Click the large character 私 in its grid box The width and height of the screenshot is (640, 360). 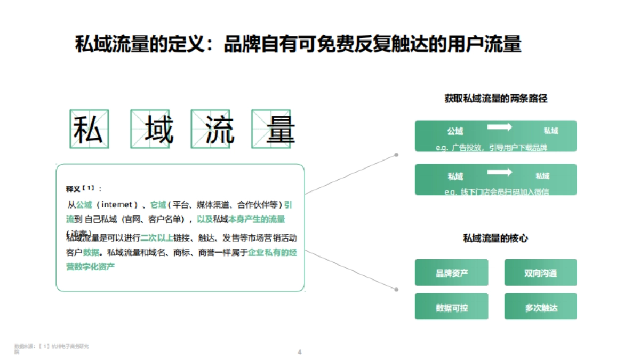click(x=89, y=129)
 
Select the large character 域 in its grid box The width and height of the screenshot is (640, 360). click(x=151, y=129)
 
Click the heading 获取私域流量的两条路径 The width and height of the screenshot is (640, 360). click(x=496, y=99)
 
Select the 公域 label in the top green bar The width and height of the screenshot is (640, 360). click(x=455, y=131)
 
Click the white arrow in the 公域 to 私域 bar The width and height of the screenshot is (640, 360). click(x=499, y=127)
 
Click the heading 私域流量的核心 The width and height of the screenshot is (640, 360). click(x=495, y=238)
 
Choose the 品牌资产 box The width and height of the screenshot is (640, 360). click(x=451, y=273)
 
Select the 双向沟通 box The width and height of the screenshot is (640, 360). click(x=540, y=273)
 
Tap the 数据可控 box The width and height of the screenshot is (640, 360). click(x=451, y=308)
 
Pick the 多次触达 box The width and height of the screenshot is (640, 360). click(x=540, y=308)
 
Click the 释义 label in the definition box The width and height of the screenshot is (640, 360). click(x=74, y=189)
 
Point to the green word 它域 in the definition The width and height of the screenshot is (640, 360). click(x=158, y=204)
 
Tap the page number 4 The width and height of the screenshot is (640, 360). click(x=299, y=351)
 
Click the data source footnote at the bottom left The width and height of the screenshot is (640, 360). click(x=51, y=348)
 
